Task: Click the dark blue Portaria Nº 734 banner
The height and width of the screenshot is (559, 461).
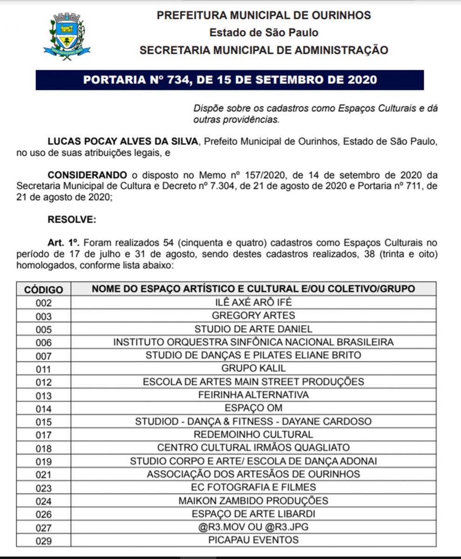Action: tap(230, 80)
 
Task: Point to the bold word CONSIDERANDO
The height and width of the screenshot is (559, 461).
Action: tap(87, 175)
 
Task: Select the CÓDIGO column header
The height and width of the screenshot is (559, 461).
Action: tap(43, 289)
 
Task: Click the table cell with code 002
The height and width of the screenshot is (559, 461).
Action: tap(43, 303)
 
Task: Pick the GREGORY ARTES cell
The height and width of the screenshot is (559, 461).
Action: tap(253, 315)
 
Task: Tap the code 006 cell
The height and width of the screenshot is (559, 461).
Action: tap(43, 342)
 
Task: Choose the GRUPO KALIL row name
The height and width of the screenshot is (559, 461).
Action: tap(253, 368)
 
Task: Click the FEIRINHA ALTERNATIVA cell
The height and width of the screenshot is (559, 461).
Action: tap(253, 395)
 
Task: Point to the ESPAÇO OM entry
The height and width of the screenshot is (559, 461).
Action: tap(253, 408)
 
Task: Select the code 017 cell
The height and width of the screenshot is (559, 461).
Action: tap(43, 435)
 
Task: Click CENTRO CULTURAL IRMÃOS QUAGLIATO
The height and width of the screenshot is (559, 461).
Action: tap(253, 448)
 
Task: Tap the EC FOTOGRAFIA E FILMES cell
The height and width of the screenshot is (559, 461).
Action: tap(253, 487)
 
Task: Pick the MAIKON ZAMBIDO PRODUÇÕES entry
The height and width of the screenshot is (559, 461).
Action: tap(253, 501)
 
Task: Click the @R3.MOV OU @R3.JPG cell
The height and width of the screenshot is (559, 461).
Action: tap(253, 527)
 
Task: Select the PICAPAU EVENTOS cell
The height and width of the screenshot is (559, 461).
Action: tap(253, 540)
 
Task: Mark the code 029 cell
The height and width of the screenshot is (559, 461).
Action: tap(43, 541)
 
